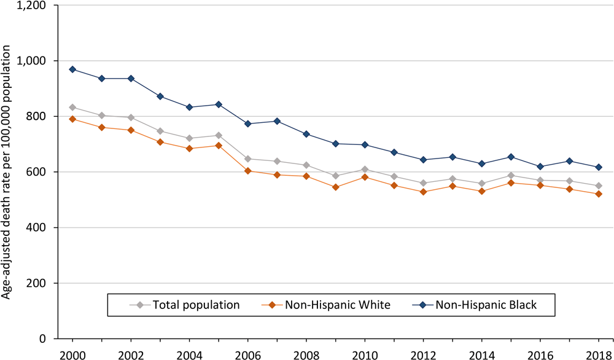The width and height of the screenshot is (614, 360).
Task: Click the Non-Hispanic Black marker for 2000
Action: [72, 69]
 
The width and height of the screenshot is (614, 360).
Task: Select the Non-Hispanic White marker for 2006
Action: [247, 171]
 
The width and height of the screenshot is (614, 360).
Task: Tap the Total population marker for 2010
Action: [364, 170]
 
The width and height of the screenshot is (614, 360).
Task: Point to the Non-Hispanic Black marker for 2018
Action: [599, 167]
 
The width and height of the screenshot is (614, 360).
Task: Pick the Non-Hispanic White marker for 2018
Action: [599, 194]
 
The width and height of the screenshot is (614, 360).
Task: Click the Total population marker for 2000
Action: [72, 108]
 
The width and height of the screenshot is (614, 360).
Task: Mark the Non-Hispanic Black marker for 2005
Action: [219, 104]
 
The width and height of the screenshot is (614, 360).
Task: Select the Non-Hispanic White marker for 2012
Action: [423, 192]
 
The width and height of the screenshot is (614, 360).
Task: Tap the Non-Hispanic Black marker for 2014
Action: [481, 163]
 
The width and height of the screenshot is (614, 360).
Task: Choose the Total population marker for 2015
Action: [511, 176]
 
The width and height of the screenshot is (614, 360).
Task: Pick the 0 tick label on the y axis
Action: [49, 339]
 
